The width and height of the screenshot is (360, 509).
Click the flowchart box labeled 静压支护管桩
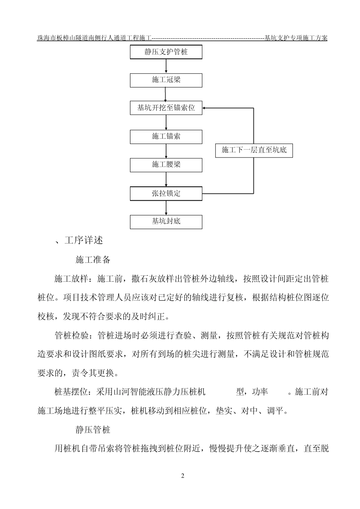pos(166,52)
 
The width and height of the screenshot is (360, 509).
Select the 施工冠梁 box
pos(166,80)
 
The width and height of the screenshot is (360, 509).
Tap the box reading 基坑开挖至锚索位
pos(166,108)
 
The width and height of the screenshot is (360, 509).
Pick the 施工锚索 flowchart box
pos(166,136)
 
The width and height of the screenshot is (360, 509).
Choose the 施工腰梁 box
pos(166,165)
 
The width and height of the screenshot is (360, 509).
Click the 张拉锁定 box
pos(166,194)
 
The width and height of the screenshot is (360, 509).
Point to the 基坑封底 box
pos(166,222)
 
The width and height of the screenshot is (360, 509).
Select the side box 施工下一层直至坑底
pos(254,150)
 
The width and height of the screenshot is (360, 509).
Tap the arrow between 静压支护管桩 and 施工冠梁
pos(166,66)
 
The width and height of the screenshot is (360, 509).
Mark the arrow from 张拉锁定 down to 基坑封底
pos(166,208)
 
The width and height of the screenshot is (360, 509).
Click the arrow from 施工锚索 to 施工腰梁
pos(166,151)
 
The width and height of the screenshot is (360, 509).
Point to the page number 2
pos(183,476)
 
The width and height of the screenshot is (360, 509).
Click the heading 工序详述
pos(84,240)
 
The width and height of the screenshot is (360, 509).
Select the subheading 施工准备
pos(93,260)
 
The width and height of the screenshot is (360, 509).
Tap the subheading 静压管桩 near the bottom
pos(93,430)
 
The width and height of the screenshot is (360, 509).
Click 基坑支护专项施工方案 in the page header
pos(296,38)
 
